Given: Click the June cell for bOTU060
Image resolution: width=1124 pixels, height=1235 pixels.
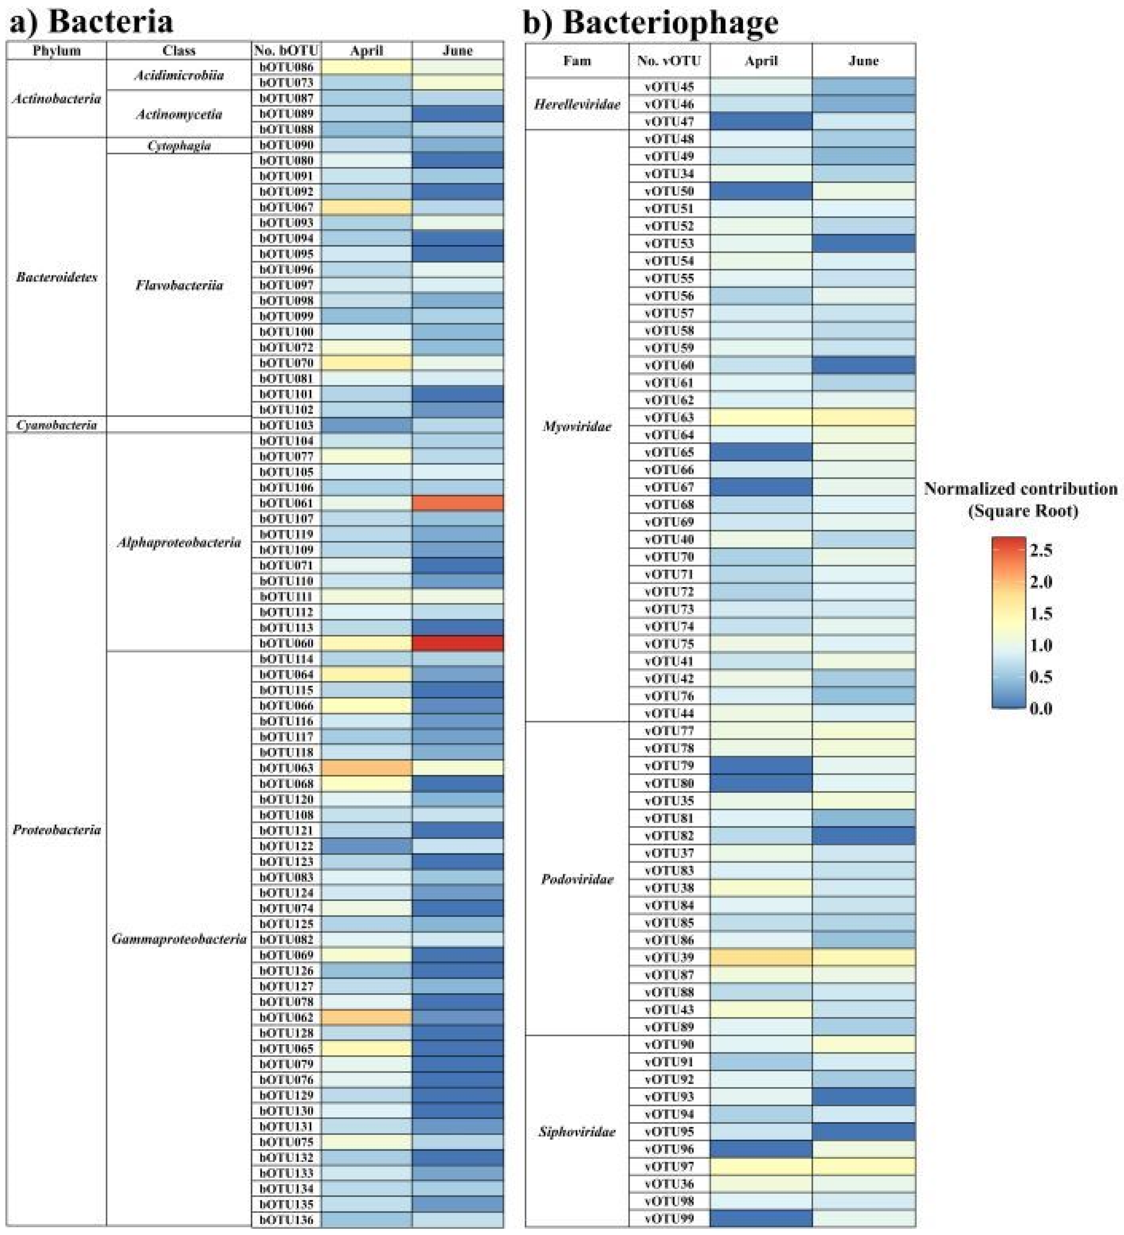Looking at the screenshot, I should click(458, 643).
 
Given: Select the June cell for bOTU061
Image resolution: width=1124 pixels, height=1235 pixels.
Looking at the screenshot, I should click(458, 503).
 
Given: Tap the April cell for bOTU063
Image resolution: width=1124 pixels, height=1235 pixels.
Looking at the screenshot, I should click(366, 768).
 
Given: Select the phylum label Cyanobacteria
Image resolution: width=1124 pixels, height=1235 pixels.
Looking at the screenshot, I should click(56, 424).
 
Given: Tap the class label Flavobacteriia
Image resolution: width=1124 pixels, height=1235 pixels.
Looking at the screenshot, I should click(179, 285).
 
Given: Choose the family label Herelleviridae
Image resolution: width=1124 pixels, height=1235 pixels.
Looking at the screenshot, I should click(577, 104).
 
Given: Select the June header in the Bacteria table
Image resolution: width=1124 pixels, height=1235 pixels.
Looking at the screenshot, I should click(458, 50).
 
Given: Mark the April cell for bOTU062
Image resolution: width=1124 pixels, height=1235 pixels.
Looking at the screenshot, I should click(366, 1017).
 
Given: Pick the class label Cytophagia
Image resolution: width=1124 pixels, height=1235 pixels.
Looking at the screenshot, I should click(179, 145).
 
